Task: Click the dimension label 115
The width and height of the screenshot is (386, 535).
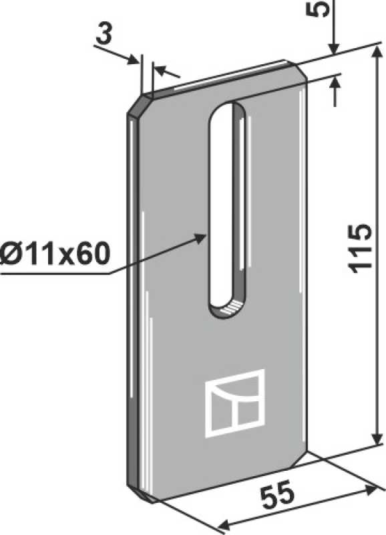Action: pyautogui.click(x=359, y=248)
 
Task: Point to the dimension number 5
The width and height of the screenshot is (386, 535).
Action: pyautogui.click(x=317, y=8)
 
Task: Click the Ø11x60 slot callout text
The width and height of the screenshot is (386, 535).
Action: pyautogui.click(x=55, y=254)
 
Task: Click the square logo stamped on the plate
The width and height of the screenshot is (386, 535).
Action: pyautogui.click(x=235, y=403)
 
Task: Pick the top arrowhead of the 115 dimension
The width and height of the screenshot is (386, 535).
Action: pyautogui.click(x=377, y=56)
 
